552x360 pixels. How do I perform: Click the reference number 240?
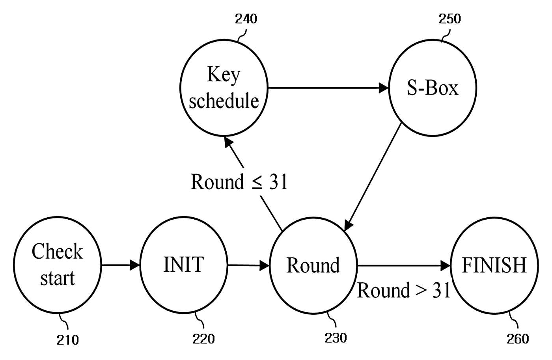[246, 19]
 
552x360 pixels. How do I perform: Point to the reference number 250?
[450, 19]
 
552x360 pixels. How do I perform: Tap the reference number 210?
[67, 340]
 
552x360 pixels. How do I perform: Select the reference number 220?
[203, 339]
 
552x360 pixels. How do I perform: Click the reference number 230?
[336, 338]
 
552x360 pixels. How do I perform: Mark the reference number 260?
[518, 339]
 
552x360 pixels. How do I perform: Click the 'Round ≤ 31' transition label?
[239, 182]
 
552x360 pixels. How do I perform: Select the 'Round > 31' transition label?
[404, 290]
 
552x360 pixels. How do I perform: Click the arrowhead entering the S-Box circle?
[384, 88]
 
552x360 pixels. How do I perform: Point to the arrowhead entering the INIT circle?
[135, 265]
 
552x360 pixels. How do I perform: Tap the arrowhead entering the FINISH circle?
[446, 266]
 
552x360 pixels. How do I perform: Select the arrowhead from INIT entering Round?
[265, 266]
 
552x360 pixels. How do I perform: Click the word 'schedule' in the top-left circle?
[224, 101]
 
